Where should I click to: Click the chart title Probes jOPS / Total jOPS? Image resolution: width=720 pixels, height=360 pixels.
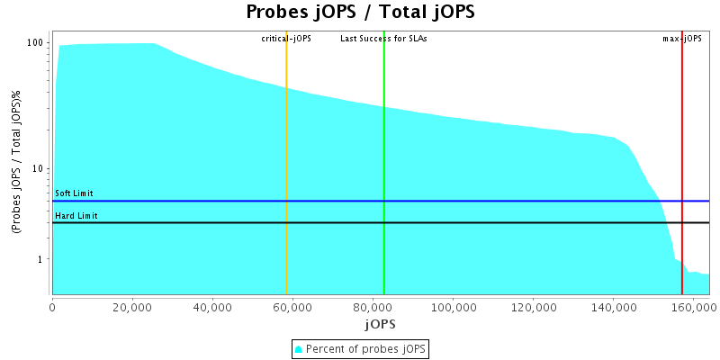(x=360, y=13)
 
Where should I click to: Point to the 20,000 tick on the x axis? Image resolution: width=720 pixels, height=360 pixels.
(x=132, y=306)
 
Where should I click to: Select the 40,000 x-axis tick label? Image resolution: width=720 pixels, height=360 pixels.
(x=212, y=306)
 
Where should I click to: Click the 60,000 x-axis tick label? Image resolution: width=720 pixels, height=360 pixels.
(x=292, y=306)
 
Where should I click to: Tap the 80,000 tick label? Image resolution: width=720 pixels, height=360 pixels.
(x=373, y=306)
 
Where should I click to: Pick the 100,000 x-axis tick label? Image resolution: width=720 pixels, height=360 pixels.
(x=453, y=306)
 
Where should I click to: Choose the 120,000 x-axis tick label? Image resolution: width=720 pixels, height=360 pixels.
(x=533, y=306)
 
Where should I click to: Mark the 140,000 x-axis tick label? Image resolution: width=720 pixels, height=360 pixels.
(x=613, y=306)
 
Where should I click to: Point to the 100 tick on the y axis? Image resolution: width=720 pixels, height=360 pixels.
(x=36, y=43)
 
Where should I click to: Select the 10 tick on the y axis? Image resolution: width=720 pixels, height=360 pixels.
(x=39, y=169)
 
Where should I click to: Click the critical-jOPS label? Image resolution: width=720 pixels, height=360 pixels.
(x=286, y=39)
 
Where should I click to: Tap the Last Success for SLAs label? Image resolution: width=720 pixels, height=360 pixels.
(x=383, y=39)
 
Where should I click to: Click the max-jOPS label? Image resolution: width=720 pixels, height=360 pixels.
(x=681, y=39)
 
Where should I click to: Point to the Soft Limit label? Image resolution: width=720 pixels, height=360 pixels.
(x=75, y=193)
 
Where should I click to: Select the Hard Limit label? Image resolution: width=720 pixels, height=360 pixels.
(x=76, y=216)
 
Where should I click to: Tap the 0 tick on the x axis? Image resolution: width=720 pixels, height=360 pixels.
(x=52, y=306)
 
